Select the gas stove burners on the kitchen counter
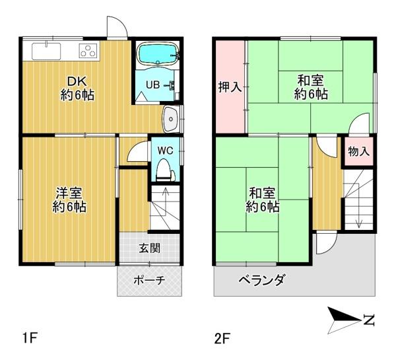point(88,50)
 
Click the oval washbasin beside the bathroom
point(171,120)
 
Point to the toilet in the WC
point(164,170)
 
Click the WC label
point(165,150)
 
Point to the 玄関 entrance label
point(149,248)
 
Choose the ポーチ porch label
point(148,280)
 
